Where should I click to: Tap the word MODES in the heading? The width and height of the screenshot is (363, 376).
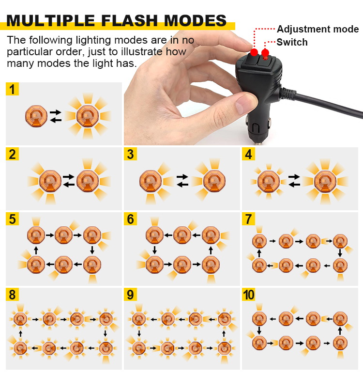coord(195,20)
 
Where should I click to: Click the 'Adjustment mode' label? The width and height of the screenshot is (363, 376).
coord(318,29)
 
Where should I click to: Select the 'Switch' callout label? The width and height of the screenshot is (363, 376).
coord(292,42)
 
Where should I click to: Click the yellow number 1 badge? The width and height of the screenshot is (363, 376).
coord(12,89)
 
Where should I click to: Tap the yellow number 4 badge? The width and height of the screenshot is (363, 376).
coord(248,154)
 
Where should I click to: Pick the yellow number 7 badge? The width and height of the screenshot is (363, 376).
coord(248,219)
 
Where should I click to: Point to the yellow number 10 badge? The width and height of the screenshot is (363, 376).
coord(249,295)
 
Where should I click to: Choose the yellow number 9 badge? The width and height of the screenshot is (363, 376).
coord(130,295)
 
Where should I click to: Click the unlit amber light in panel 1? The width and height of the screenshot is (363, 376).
coord(36,116)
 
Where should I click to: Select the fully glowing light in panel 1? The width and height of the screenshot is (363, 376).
coord(88,116)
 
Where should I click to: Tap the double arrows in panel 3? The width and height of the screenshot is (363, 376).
coord(182,181)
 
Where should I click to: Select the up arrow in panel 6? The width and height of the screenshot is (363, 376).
coord(211,250)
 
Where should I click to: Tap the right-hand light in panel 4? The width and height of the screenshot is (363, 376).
coord(325,182)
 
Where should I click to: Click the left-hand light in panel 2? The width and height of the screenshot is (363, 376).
coord(50,181)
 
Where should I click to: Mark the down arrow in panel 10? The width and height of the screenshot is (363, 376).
coord(259,330)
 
